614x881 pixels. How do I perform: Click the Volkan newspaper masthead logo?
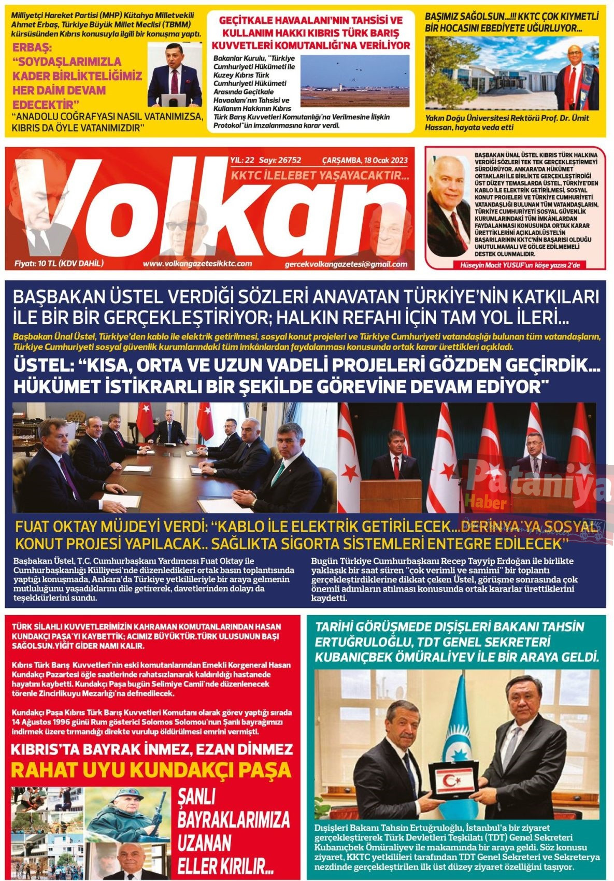tap(202, 207)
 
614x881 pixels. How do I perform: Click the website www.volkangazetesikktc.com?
tap(197, 264)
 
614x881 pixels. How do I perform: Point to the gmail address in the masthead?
tap(346, 264)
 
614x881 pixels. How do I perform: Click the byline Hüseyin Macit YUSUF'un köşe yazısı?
tap(515, 265)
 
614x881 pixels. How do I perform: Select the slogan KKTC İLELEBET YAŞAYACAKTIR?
tap(320, 176)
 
